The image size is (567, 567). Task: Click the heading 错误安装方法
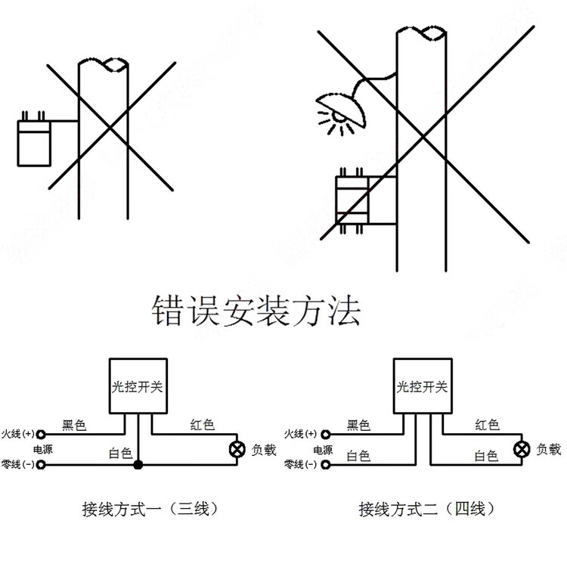pyautogui.click(x=256, y=311)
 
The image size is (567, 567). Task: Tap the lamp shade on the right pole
pyautogui.click(x=341, y=107)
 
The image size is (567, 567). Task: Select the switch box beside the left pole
pyautogui.click(x=36, y=141)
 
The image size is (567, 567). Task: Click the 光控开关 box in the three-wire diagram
pyautogui.click(x=137, y=386)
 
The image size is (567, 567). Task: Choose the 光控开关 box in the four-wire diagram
pyautogui.click(x=422, y=386)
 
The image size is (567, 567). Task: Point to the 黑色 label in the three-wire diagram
pyautogui.click(x=74, y=426)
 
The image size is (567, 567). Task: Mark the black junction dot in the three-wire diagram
pyautogui.click(x=138, y=463)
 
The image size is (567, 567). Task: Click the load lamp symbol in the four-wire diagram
pyautogui.click(x=521, y=449)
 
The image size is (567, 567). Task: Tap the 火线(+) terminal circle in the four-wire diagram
pyautogui.click(x=326, y=435)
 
